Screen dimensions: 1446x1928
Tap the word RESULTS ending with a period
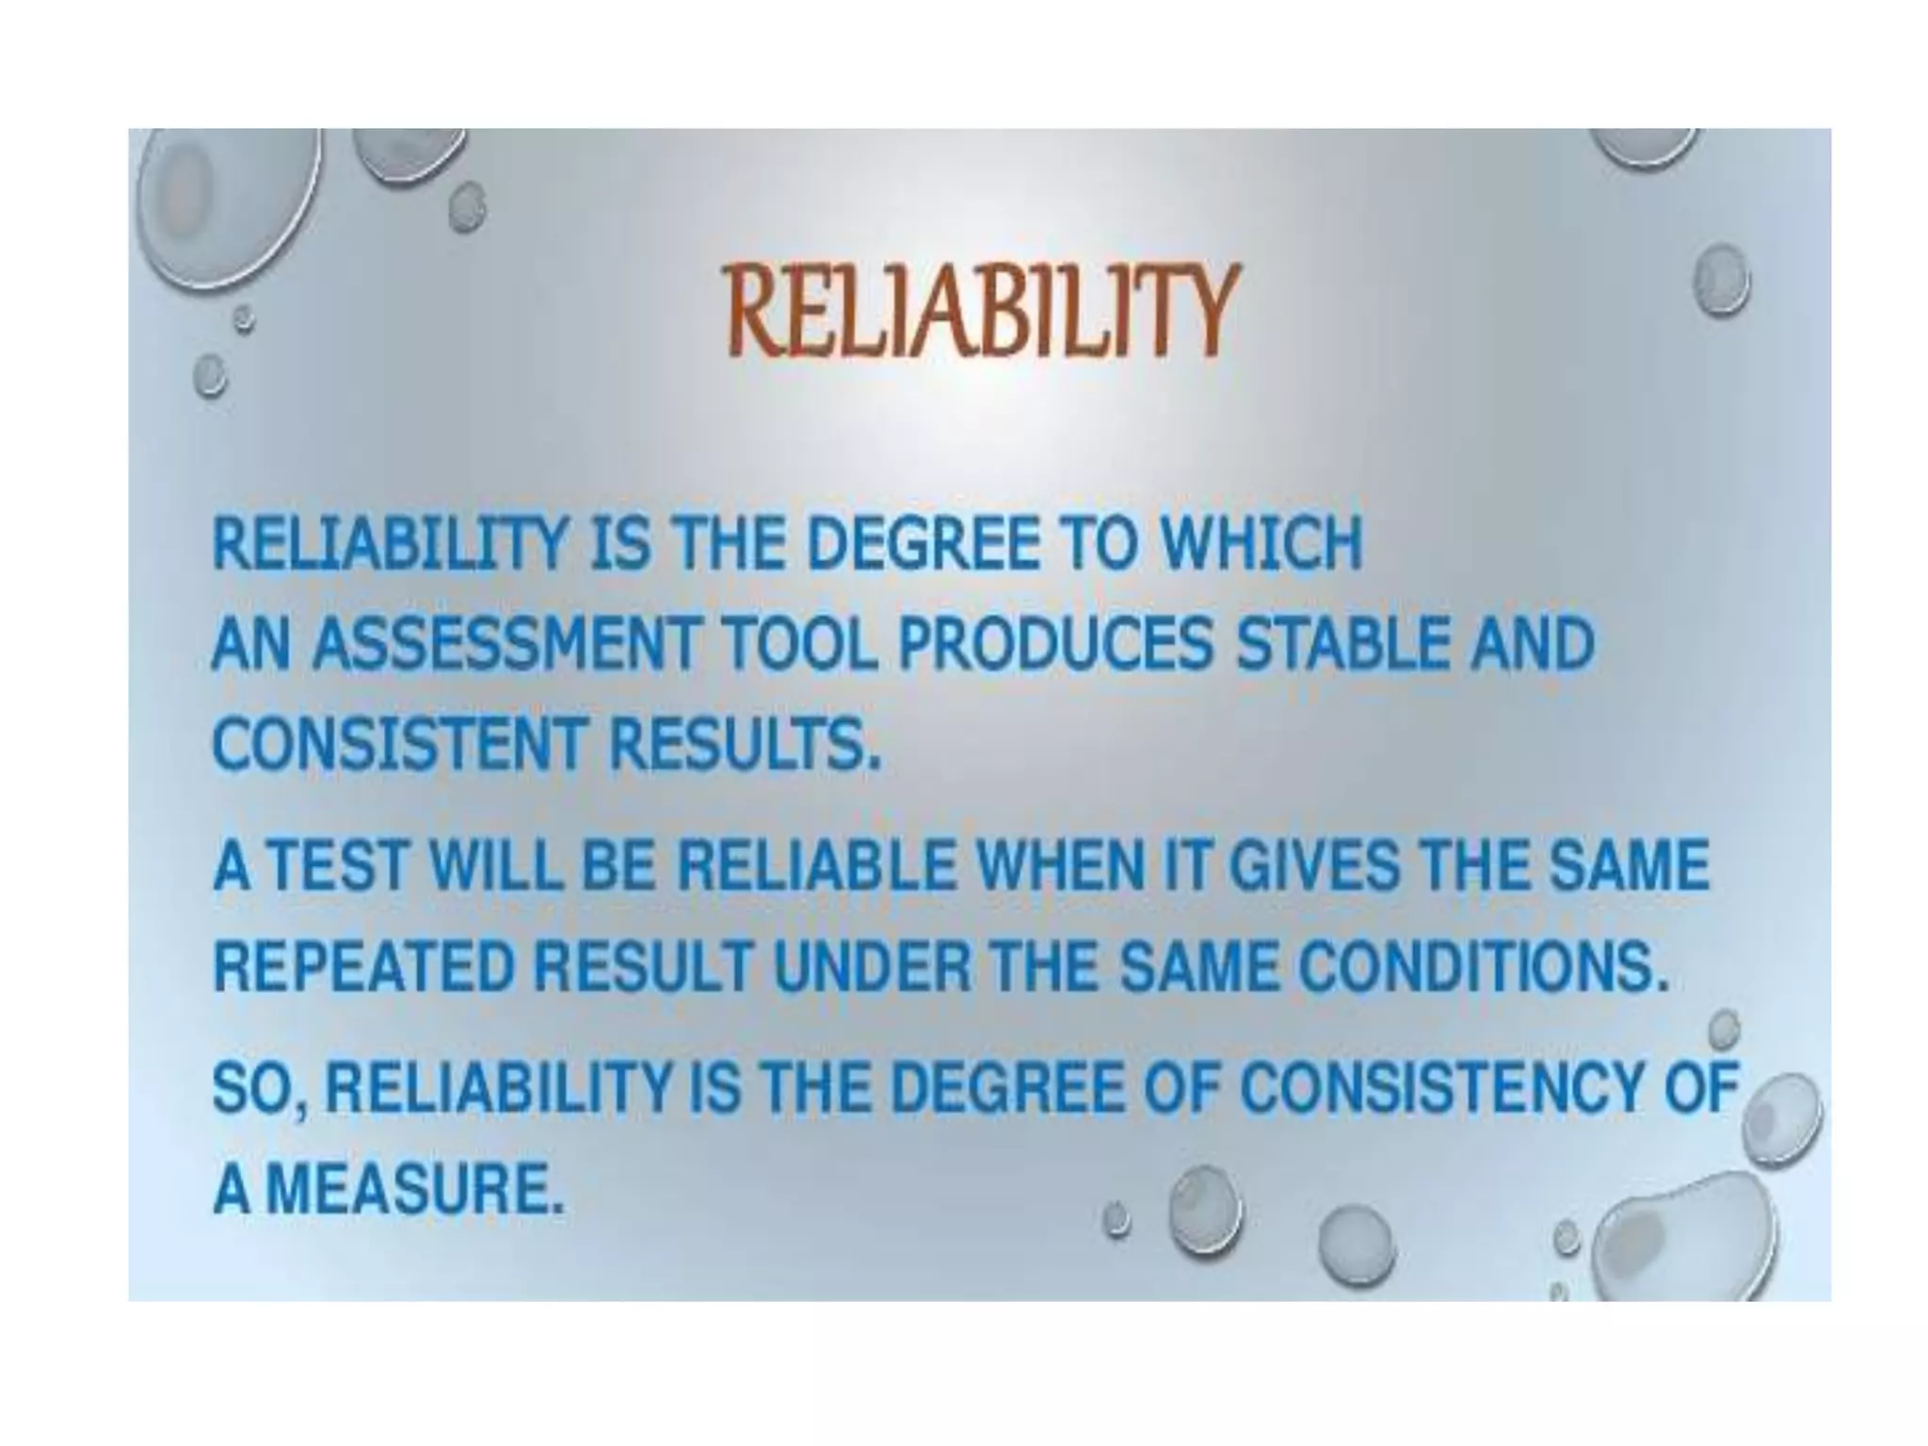[744, 744]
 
